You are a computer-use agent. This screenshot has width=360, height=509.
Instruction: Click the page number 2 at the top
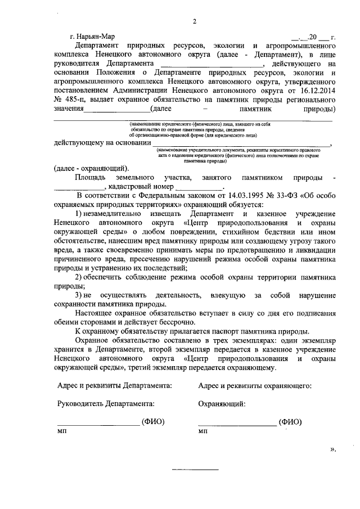tap(193, 22)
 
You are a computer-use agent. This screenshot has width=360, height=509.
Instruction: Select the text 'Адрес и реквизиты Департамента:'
tap(115, 386)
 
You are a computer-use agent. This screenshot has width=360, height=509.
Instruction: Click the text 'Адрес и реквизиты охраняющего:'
tap(255, 386)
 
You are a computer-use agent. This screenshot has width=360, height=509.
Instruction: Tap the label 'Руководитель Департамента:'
tap(106, 403)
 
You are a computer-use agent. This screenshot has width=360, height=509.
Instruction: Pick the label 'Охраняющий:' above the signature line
tap(222, 403)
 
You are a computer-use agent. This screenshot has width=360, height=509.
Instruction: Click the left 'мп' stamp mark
tap(62, 431)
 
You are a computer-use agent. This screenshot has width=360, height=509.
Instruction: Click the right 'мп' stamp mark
tap(203, 431)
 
